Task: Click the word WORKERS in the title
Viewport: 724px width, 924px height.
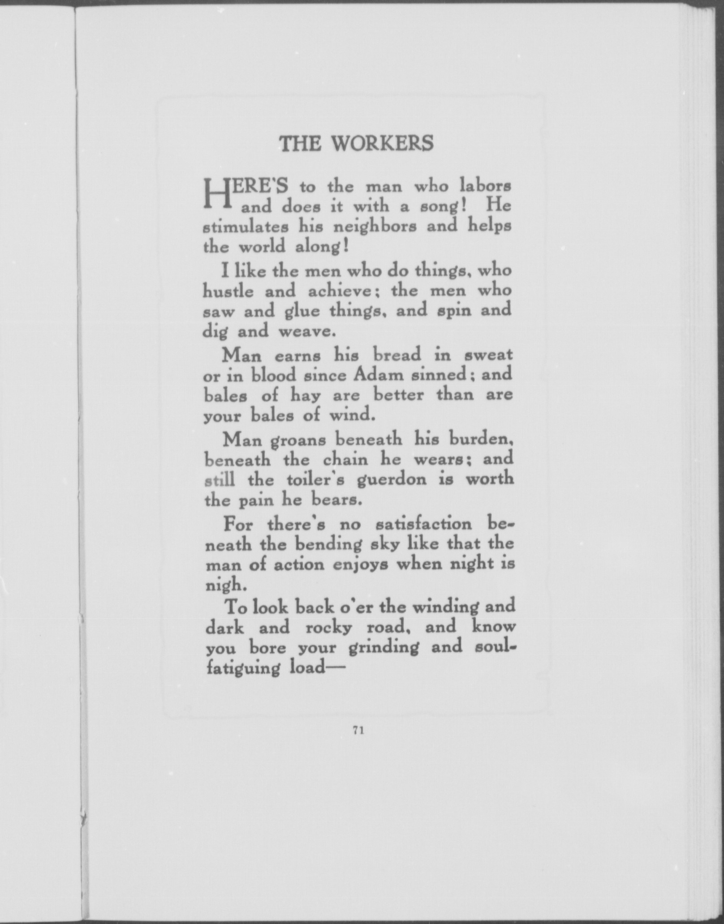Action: [383, 144]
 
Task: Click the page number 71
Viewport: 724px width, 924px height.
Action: [358, 731]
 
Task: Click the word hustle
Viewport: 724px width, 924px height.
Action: [228, 291]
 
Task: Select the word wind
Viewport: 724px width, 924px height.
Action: [350, 415]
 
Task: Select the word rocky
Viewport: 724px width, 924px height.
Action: [329, 628]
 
